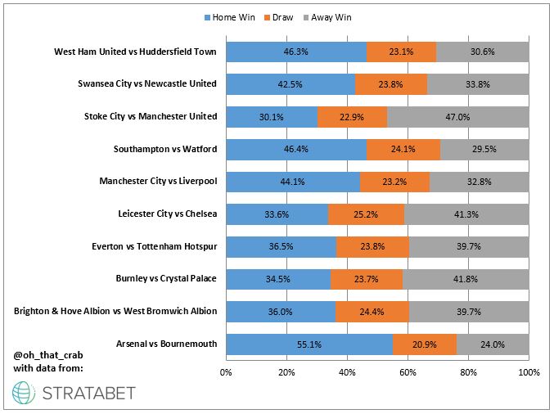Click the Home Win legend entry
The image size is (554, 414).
(238, 16)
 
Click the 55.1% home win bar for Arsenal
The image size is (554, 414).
(309, 344)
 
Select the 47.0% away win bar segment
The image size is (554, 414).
(457, 116)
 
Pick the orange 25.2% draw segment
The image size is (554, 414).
(366, 214)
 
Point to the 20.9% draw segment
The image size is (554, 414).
(425, 344)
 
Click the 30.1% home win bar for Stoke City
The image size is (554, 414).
(271, 116)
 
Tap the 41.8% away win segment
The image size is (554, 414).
(466, 279)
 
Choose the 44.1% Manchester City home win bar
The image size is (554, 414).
(292, 182)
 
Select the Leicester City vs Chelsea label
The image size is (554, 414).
(168, 214)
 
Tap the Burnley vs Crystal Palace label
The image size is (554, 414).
(166, 279)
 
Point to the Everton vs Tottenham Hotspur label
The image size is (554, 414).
(152, 246)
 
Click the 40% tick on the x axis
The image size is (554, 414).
(347, 372)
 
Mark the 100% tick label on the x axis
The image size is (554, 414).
(529, 372)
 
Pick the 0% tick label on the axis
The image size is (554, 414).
(226, 372)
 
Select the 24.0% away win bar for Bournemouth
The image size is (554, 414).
(493, 344)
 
